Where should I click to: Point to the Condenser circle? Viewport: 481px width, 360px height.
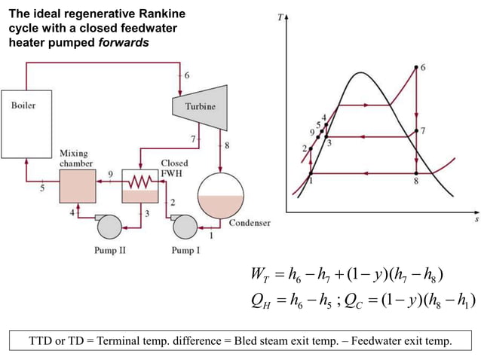click(x=220, y=195)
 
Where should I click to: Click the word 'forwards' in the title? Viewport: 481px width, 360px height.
click(x=124, y=42)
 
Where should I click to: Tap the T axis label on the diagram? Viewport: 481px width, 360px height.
click(x=280, y=16)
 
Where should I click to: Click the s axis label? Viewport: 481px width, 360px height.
click(x=476, y=220)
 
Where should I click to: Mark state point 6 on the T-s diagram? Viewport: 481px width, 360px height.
click(x=416, y=67)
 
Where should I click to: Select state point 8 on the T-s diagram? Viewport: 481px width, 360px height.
click(x=416, y=174)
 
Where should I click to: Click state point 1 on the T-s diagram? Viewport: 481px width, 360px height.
click(x=311, y=174)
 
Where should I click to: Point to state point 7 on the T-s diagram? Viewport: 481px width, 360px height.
click(x=416, y=132)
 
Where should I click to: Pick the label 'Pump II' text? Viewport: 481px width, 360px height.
click(x=110, y=250)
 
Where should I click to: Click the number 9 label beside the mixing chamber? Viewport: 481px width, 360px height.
click(x=111, y=174)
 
